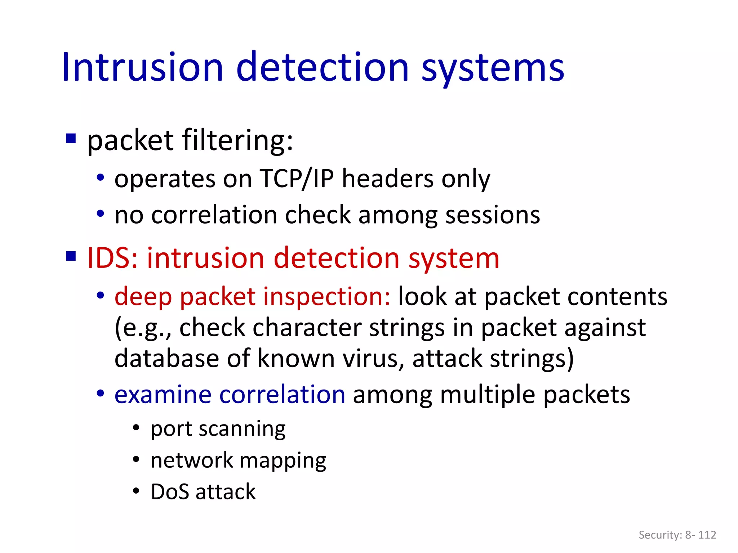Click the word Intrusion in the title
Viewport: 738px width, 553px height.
coord(142,68)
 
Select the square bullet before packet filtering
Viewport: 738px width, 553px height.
coord(71,139)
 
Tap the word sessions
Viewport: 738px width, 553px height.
coord(493,215)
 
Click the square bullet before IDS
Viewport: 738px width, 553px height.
coord(71,257)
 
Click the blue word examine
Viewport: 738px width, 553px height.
coord(163,395)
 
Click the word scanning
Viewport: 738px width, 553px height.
coord(242,429)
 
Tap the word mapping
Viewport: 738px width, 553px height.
coord(283,461)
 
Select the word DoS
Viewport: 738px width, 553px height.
coord(169,492)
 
